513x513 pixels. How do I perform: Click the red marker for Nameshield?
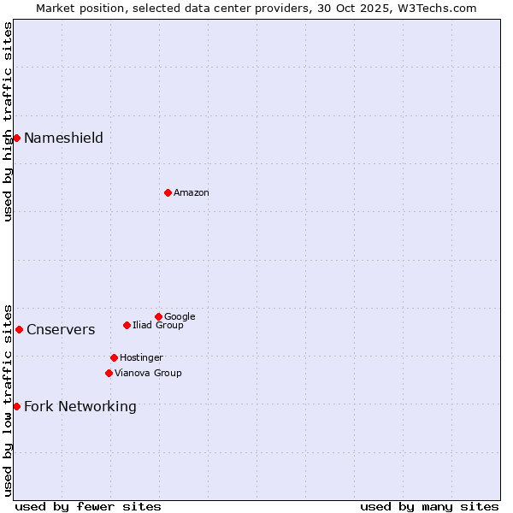pos(16,138)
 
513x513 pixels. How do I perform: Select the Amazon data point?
pos(168,192)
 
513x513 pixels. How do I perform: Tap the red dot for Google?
pos(158,316)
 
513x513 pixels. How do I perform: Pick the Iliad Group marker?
pos(127,325)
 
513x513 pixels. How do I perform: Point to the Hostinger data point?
pos(114,357)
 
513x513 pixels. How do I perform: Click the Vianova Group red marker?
pos(109,373)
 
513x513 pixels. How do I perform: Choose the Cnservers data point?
pos(19,329)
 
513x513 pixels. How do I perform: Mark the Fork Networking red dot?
pos(16,406)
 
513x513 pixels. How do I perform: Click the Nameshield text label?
pos(63,139)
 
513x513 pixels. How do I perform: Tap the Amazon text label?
pos(192,193)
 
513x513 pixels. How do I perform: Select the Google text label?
pos(180,317)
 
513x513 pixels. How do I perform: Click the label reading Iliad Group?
pos(158,326)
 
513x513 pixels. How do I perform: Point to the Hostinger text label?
pos(141,358)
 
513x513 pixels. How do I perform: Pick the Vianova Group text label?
pos(148,374)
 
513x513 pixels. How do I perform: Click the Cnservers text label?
pos(61,330)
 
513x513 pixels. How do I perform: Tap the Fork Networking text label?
pos(80,407)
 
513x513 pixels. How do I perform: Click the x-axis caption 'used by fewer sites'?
pos(88,506)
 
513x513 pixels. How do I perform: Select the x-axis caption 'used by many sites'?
pos(429,506)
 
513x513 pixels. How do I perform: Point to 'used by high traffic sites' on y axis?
pos(9,121)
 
